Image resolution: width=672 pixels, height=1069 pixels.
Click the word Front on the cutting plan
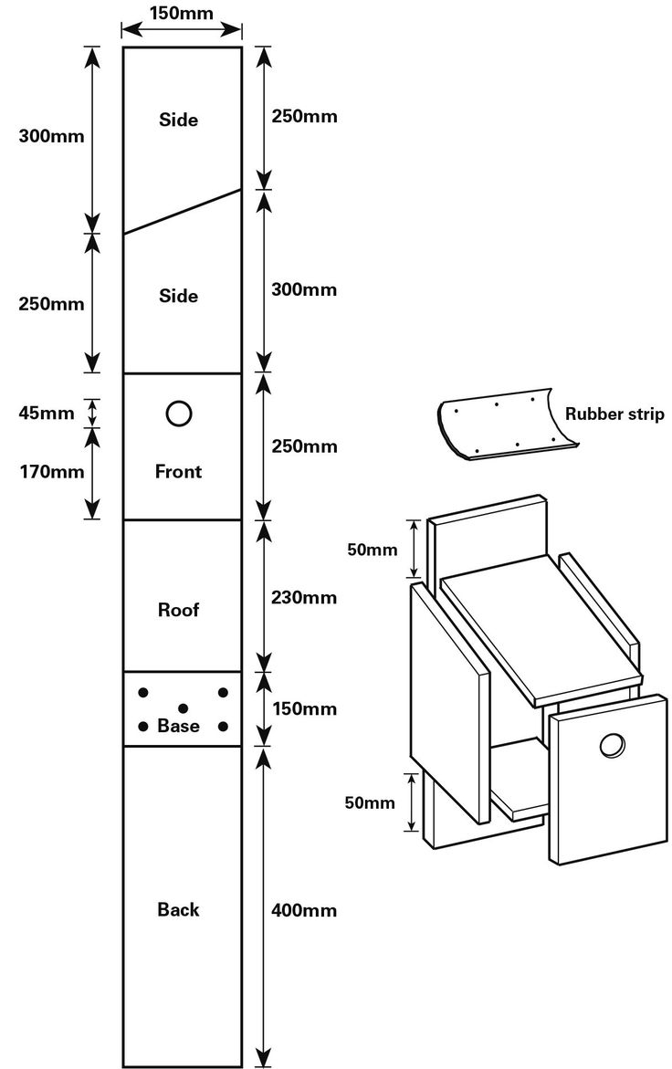click(x=179, y=472)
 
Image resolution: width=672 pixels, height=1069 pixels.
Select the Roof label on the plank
click(x=179, y=610)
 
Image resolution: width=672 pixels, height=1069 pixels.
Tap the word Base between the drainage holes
click(x=179, y=727)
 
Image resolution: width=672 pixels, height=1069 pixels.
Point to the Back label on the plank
click(x=179, y=909)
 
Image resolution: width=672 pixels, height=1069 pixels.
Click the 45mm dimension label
click(x=46, y=413)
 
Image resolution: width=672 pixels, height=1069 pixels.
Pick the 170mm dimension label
click(x=50, y=472)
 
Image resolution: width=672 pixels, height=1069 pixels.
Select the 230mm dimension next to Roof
click(x=304, y=598)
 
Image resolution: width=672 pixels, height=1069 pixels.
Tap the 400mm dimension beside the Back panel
click(x=304, y=910)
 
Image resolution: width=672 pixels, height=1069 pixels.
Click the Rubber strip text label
click(x=614, y=413)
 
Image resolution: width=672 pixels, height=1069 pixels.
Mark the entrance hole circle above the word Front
click(x=180, y=414)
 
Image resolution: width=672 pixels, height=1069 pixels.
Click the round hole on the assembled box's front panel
click(x=612, y=746)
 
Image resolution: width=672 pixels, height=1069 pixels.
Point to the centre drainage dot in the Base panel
click(x=183, y=707)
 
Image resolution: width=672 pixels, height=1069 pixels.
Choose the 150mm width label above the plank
click(x=183, y=15)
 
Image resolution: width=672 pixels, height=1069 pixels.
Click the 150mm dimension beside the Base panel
click(x=304, y=708)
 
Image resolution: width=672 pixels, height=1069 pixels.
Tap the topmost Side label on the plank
click(x=179, y=120)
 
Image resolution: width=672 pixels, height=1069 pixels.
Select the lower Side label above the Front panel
click(x=179, y=297)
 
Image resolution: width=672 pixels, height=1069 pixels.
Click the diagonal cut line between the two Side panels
click(x=183, y=211)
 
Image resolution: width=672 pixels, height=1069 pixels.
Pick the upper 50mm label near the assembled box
click(x=372, y=550)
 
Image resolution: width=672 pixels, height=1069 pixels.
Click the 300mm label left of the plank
click(x=51, y=137)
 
